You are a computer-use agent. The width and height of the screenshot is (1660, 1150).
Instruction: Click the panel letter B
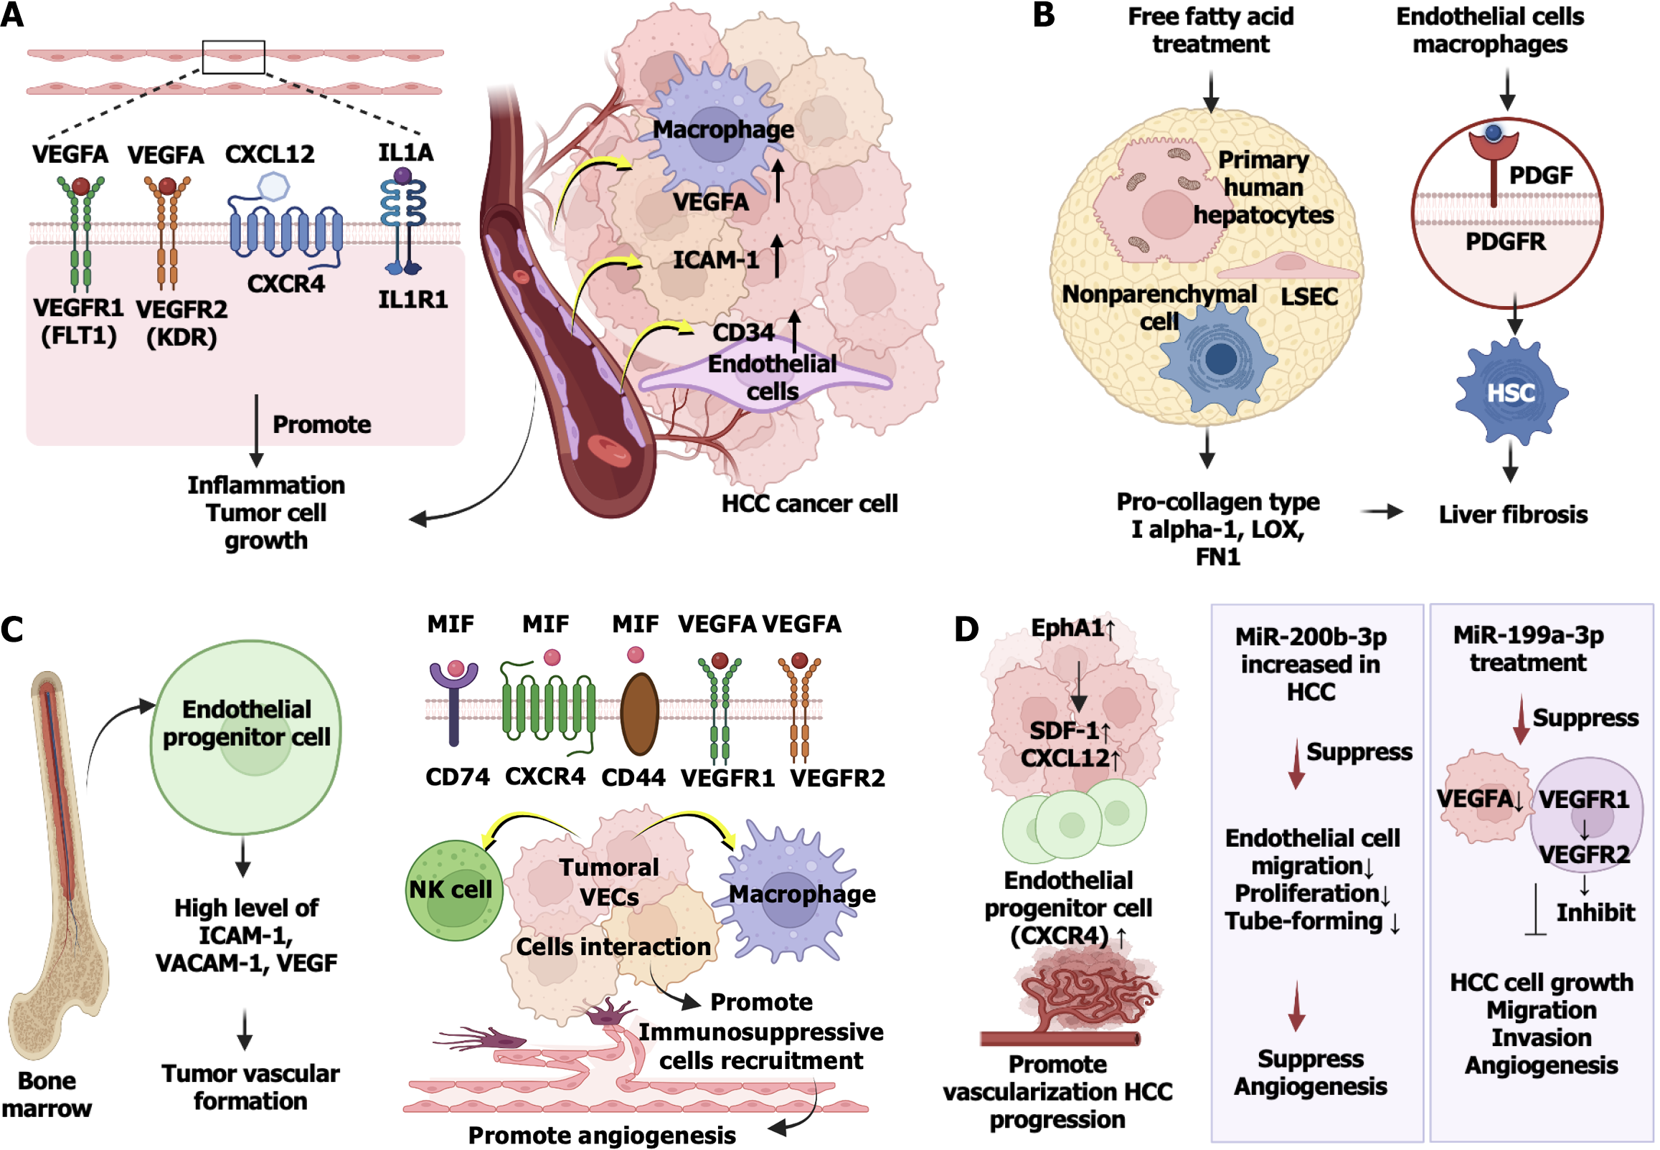tap(1044, 16)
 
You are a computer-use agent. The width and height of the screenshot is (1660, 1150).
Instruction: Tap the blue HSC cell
tap(1511, 392)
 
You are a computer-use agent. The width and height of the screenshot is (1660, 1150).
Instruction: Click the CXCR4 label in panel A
tap(286, 284)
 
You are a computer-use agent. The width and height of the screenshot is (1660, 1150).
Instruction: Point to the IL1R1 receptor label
tap(413, 299)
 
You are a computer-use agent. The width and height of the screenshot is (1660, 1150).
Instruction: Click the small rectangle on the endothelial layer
tap(234, 57)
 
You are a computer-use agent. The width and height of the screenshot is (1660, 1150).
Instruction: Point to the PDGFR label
tap(1506, 242)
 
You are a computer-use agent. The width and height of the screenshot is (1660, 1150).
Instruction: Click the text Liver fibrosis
tap(1513, 515)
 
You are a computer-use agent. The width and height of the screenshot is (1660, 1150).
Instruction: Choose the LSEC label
tap(1309, 296)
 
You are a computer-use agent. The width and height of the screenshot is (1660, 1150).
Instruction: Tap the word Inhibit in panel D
tap(1595, 912)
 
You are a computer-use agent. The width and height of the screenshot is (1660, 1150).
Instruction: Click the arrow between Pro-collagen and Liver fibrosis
tap(1382, 512)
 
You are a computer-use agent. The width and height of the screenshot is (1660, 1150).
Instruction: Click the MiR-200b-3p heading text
tap(1311, 637)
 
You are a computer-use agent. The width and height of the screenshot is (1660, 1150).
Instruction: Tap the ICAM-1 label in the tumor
tap(716, 260)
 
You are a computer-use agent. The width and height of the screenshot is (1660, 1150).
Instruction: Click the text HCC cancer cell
tap(809, 503)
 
